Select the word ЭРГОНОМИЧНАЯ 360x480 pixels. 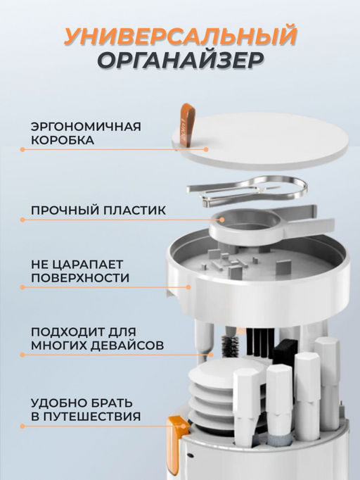coord(85,127)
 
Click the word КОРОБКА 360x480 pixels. coord(62,141)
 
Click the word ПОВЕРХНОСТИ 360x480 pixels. coord(79,278)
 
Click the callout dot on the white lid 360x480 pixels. coord(206,149)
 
